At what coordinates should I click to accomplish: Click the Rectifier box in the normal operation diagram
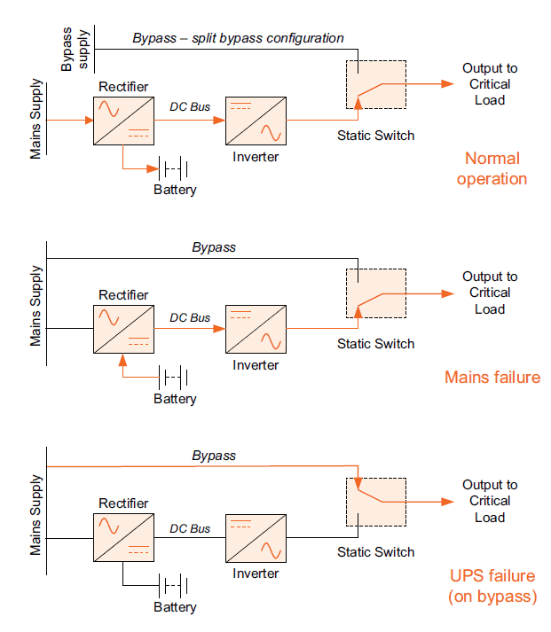[123, 118]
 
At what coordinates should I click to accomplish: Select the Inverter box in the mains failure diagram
[256, 329]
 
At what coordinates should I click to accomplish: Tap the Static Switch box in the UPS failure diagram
[375, 502]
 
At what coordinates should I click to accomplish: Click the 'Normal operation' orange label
[491, 168]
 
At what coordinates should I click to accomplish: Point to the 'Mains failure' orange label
[492, 378]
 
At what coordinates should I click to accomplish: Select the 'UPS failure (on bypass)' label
[492, 586]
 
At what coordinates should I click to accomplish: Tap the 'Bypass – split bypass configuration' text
[238, 38]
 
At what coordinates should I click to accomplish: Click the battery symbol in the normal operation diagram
[174, 168]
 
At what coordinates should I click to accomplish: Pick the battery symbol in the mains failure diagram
[174, 377]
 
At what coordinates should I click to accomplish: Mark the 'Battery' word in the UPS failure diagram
[175, 607]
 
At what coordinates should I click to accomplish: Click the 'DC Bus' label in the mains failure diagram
[190, 317]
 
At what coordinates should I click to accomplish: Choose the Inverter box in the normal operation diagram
[256, 120]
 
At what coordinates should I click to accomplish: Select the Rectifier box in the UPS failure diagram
[123, 537]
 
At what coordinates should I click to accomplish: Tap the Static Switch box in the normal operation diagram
[375, 85]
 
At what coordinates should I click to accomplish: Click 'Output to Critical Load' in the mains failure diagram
[490, 293]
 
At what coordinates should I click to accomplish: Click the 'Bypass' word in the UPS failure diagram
[214, 456]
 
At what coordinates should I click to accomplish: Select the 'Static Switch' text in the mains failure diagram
[375, 344]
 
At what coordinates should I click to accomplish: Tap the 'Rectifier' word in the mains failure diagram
[123, 295]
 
